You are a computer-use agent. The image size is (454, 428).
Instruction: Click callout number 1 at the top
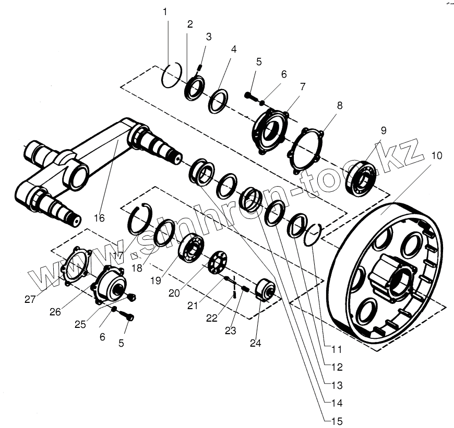tap(165, 11)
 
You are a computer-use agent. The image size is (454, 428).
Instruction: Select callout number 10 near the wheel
tap(436, 155)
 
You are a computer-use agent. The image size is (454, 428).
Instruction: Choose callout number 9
tap(384, 130)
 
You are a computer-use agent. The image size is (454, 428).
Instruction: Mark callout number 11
tap(337, 349)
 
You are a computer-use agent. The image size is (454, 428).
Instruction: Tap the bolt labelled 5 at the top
tap(252, 95)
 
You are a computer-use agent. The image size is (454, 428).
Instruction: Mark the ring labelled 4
tap(219, 101)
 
